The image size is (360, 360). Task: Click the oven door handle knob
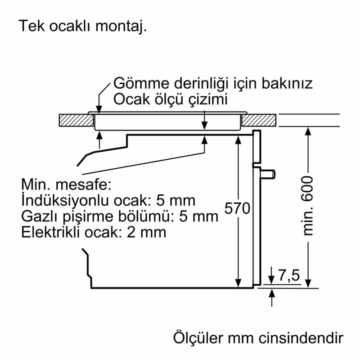270,173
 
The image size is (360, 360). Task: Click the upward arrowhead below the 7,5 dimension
272,293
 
